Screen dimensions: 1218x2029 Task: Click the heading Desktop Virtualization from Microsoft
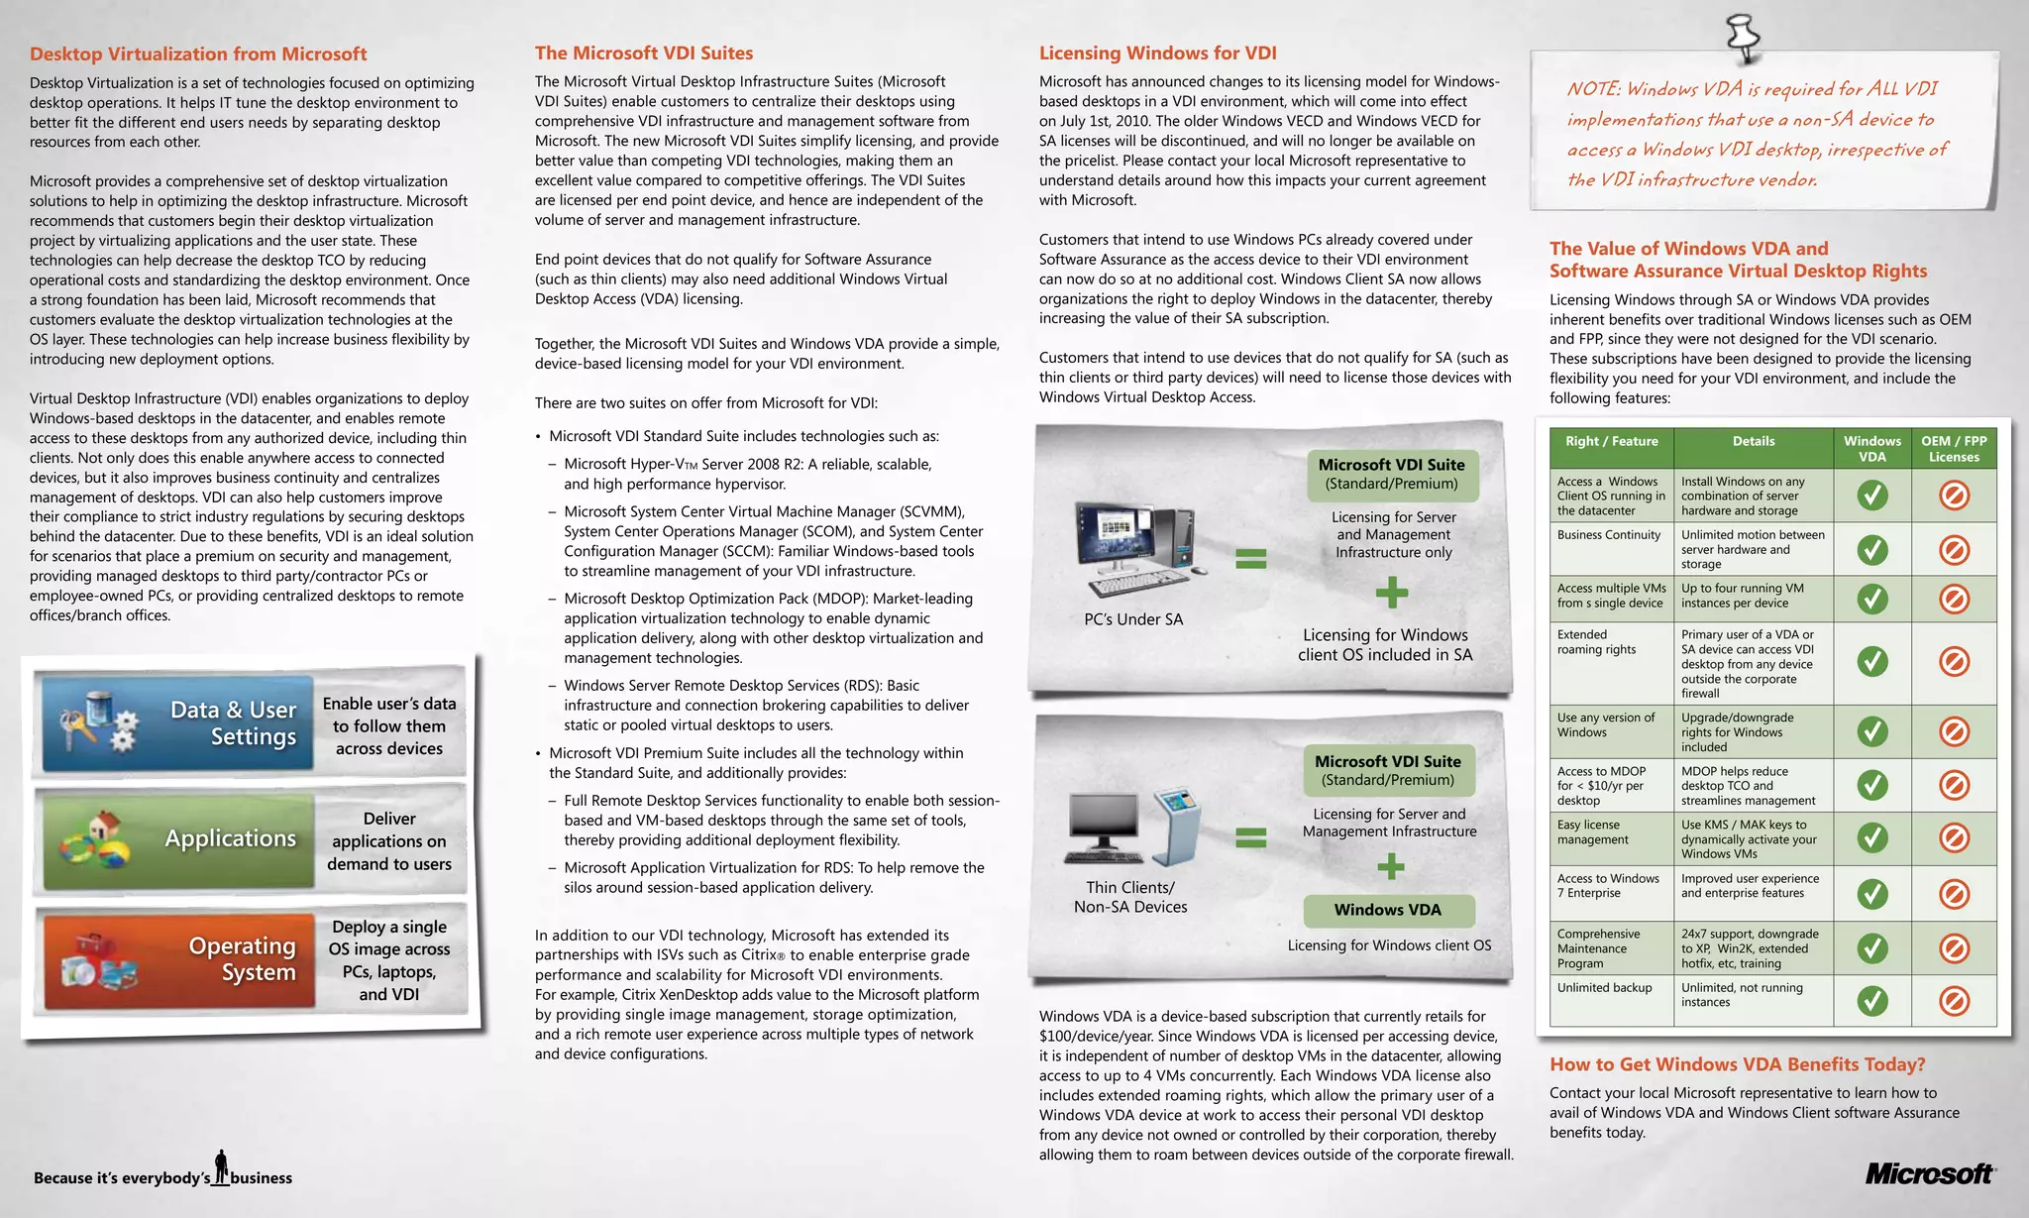tap(198, 55)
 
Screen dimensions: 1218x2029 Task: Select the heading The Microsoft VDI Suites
tap(644, 54)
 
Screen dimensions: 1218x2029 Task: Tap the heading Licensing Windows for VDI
tap(1157, 54)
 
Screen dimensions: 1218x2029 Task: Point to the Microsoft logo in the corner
tap(1929, 1174)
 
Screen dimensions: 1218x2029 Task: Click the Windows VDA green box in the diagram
tap(1387, 910)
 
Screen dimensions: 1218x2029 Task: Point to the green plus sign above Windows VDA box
tap(1391, 867)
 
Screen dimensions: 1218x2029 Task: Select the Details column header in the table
tap(1753, 442)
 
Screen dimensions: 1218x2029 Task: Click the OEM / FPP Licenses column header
tap(1953, 449)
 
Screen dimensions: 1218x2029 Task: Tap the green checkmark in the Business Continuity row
tap(1871, 549)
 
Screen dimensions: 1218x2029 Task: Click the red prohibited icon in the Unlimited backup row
tap(1953, 1001)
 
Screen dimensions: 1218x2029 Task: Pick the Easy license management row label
tap(1592, 832)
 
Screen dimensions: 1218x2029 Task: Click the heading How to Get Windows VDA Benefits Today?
tap(1737, 1064)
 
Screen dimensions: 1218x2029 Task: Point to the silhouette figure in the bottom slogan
tap(222, 1166)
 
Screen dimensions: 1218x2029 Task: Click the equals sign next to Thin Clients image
tap(1250, 838)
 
